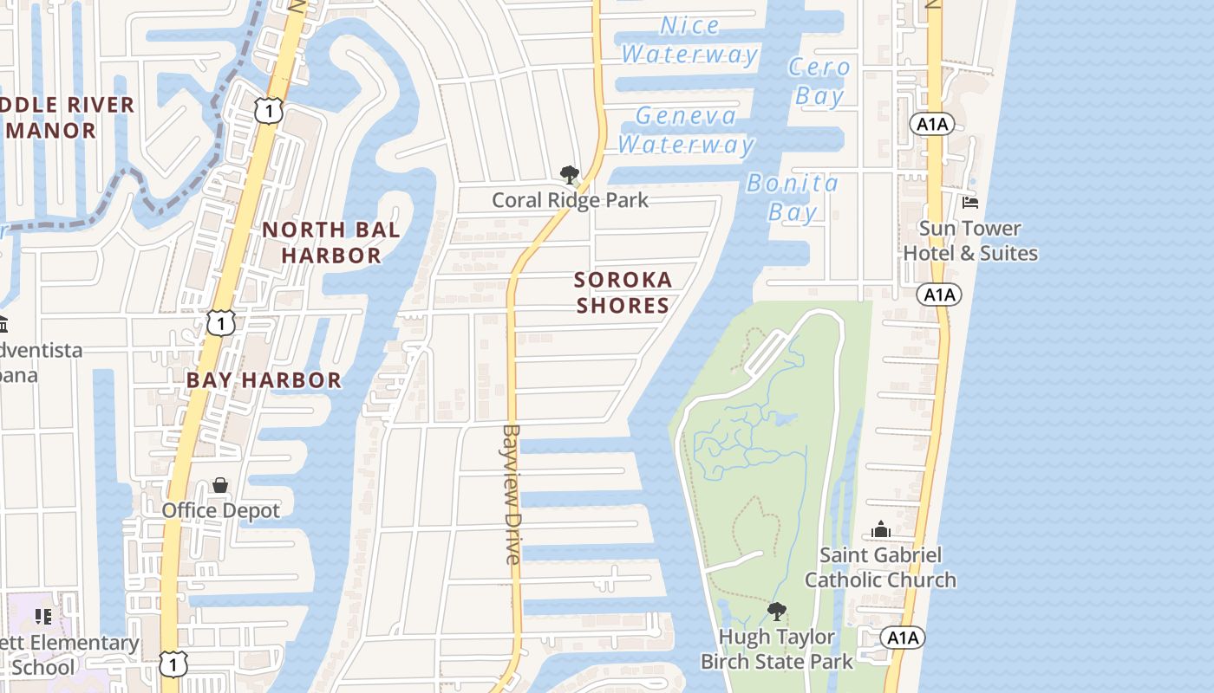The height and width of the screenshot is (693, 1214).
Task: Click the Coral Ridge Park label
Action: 570,200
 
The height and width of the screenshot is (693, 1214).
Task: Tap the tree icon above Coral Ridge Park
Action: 569,176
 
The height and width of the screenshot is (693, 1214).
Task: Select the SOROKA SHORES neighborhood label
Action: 623,292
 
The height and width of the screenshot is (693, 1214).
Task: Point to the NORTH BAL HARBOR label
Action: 331,243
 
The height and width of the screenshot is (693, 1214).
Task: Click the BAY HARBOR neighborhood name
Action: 264,380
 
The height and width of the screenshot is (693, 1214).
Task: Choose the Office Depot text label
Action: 220,510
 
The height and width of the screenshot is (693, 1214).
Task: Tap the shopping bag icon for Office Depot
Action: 220,485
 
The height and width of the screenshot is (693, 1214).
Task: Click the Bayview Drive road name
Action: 512,494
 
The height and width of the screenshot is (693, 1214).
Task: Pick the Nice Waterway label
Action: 689,40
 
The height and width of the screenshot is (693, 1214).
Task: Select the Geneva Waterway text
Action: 685,130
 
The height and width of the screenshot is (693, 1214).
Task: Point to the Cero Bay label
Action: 819,81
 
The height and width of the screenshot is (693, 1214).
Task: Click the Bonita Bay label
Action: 793,198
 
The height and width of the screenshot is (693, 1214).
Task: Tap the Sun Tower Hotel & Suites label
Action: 970,241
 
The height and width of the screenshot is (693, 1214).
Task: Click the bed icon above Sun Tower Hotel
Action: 970,203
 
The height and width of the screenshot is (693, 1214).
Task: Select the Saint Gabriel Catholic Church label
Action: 880,567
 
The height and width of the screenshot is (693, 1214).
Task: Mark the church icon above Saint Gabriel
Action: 880,529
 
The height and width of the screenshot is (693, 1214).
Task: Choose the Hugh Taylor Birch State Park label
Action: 776,649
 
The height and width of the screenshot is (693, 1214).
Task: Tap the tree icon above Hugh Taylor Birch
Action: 776,612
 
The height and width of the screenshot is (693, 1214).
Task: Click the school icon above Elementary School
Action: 43,617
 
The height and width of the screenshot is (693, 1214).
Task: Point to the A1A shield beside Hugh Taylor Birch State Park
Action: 903,638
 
